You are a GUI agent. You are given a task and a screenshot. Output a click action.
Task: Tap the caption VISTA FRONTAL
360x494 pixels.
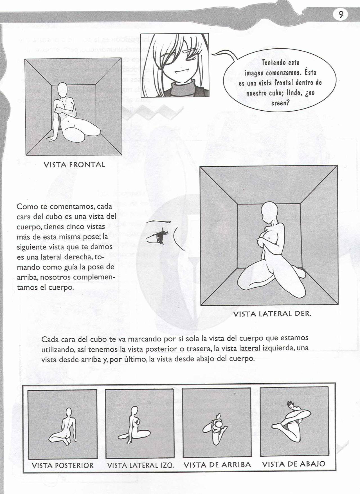[x=74, y=165]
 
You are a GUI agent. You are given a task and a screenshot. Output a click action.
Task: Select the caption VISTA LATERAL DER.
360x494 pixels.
[x=272, y=314]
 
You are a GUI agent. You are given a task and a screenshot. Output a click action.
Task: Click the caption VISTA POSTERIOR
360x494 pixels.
[x=63, y=465]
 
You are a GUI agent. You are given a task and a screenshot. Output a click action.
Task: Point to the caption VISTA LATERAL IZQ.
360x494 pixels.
[x=140, y=466]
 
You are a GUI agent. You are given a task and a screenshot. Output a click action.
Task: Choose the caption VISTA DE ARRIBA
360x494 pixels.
[x=217, y=465]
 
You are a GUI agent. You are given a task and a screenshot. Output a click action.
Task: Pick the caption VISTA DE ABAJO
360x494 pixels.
[x=294, y=464]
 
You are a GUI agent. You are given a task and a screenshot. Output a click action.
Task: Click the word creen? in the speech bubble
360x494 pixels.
[x=280, y=103]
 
